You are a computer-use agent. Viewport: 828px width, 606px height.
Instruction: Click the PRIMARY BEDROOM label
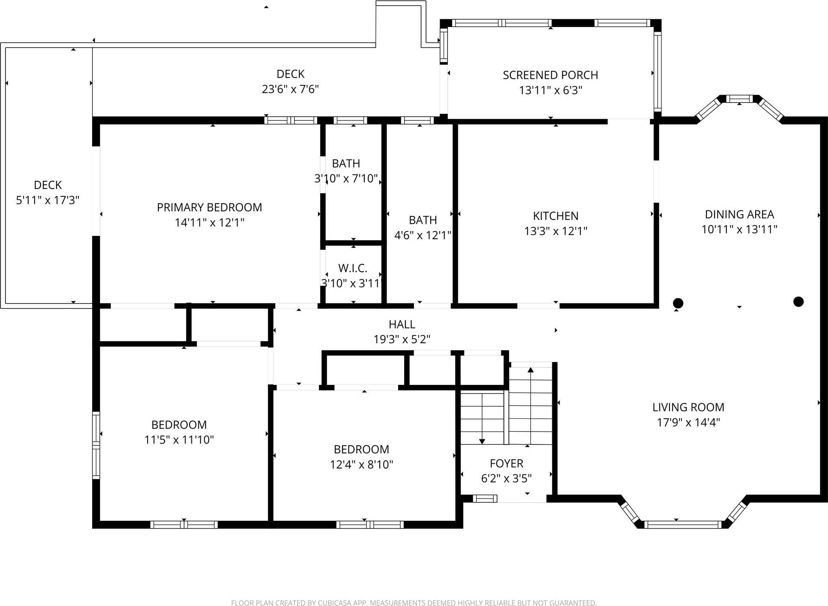(x=209, y=207)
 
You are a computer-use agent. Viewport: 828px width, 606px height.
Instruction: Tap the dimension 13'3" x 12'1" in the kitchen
(x=556, y=231)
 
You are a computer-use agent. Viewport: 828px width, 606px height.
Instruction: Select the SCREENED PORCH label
(x=550, y=75)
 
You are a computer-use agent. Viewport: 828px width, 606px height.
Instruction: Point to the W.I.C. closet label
(x=353, y=268)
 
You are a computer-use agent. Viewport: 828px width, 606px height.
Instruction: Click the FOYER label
(x=506, y=463)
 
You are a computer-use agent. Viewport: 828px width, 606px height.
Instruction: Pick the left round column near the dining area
(x=678, y=303)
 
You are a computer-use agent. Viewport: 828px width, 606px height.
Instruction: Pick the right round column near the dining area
(x=798, y=302)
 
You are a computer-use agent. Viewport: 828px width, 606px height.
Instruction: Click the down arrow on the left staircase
(x=482, y=441)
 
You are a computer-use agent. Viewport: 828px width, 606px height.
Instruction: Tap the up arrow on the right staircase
(x=530, y=370)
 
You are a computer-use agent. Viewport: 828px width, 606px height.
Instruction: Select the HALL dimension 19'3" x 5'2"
(x=402, y=339)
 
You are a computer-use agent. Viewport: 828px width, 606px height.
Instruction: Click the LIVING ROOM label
(x=688, y=407)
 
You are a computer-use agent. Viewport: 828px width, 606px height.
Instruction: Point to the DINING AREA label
(x=739, y=214)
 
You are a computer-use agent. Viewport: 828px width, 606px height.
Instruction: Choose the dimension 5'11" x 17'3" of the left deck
(x=48, y=200)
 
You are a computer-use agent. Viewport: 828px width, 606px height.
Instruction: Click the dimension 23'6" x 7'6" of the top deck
(x=290, y=89)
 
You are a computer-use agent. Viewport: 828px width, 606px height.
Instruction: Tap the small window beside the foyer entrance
(x=485, y=498)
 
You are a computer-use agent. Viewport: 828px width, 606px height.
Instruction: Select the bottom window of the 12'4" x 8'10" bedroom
(x=370, y=525)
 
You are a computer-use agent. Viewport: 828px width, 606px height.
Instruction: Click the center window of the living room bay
(x=682, y=525)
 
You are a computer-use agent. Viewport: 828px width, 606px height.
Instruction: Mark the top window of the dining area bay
(x=739, y=99)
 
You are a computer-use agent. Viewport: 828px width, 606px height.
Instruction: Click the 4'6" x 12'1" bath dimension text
(x=423, y=235)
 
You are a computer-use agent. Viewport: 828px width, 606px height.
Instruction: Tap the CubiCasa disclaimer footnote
(x=414, y=603)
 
